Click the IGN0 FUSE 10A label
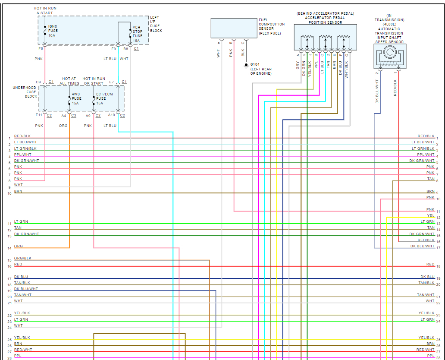[x=53, y=31]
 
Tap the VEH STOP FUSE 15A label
[x=138, y=34]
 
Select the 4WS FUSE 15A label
[x=76, y=98]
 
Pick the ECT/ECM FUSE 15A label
[x=104, y=98]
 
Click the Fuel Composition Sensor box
[x=234, y=28]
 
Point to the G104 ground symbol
[x=246, y=66]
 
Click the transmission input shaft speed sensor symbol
[x=390, y=56]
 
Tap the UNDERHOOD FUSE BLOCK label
[x=25, y=92]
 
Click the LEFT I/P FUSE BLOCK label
[x=156, y=24]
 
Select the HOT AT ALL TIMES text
[x=69, y=81]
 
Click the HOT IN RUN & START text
[x=45, y=11]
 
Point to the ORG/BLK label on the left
[x=23, y=258]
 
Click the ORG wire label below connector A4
[x=63, y=126]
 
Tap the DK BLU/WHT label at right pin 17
[x=422, y=246]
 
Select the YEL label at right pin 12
[x=431, y=216]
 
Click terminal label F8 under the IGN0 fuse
[x=41, y=49]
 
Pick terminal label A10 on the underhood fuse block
[x=112, y=115]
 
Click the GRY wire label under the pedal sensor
[x=298, y=65]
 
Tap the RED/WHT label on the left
[x=23, y=350]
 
